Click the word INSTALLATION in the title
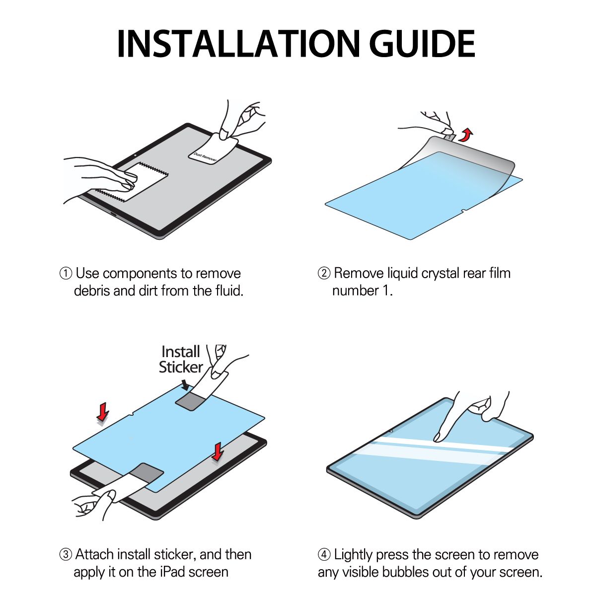(x=238, y=44)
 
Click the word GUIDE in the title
(x=422, y=44)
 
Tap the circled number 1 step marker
(x=66, y=273)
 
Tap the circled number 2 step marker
(x=324, y=273)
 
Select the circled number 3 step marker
(x=66, y=555)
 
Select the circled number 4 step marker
(x=324, y=555)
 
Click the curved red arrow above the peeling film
(x=466, y=135)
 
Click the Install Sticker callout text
(x=181, y=360)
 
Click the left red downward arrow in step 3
(x=103, y=411)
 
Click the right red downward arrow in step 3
(x=218, y=452)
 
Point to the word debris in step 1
(x=92, y=291)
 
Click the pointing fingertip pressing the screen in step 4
(x=438, y=437)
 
